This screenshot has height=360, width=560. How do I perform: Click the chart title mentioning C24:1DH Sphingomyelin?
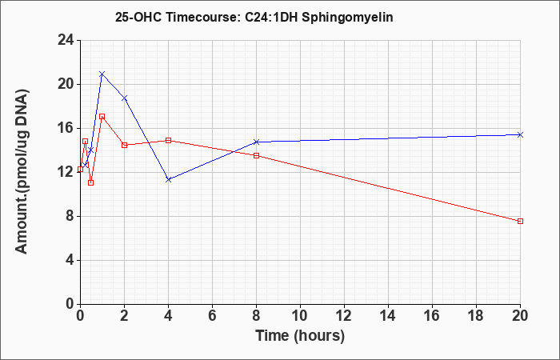click(x=254, y=17)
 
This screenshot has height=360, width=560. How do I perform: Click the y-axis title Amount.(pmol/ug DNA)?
click(x=22, y=172)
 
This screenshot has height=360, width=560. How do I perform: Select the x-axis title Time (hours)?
click(x=300, y=336)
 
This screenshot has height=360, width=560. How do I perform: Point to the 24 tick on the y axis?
click(x=66, y=40)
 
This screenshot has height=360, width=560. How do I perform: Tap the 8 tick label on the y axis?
click(x=70, y=217)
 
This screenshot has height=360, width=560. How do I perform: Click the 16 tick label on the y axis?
click(x=66, y=129)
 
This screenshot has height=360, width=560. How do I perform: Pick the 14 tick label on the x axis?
click(x=388, y=315)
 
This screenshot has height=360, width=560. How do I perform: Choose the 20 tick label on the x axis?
click(x=520, y=315)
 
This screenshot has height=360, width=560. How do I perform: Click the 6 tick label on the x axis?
click(x=213, y=315)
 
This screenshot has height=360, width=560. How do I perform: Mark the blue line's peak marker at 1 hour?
click(x=102, y=74)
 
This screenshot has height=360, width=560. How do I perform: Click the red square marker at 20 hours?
click(x=520, y=222)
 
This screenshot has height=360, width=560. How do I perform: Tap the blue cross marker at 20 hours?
click(x=520, y=134)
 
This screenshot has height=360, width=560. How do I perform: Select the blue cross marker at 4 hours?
click(x=169, y=180)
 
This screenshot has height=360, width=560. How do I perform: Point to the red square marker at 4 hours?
click(x=169, y=140)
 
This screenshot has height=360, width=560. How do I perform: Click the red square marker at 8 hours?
click(x=257, y=156)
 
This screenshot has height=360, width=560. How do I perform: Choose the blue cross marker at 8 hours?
click(x=257, y=142)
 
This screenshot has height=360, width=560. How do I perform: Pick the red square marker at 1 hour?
click(x=102, y=117)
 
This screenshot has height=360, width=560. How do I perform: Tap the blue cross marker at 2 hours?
click(x=125, y=98)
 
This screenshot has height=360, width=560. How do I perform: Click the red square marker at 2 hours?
click(x=125, y=145)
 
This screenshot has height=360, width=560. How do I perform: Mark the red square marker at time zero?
click(x=80, y=170)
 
